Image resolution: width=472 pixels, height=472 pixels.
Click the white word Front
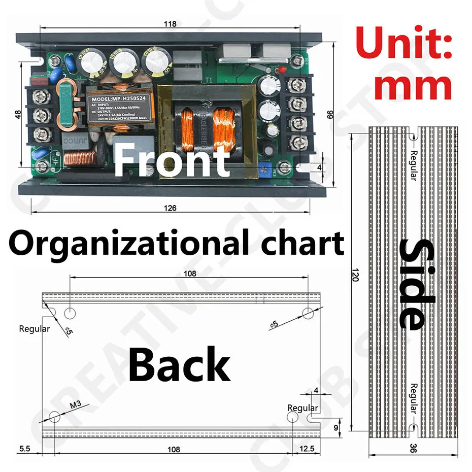[172, 158]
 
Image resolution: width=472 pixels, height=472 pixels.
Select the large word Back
[179, 364]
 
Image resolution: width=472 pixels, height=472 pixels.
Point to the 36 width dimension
[413, 449]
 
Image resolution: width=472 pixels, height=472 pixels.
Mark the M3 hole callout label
[75, 405]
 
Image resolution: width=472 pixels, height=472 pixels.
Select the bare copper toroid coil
[79, 158]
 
